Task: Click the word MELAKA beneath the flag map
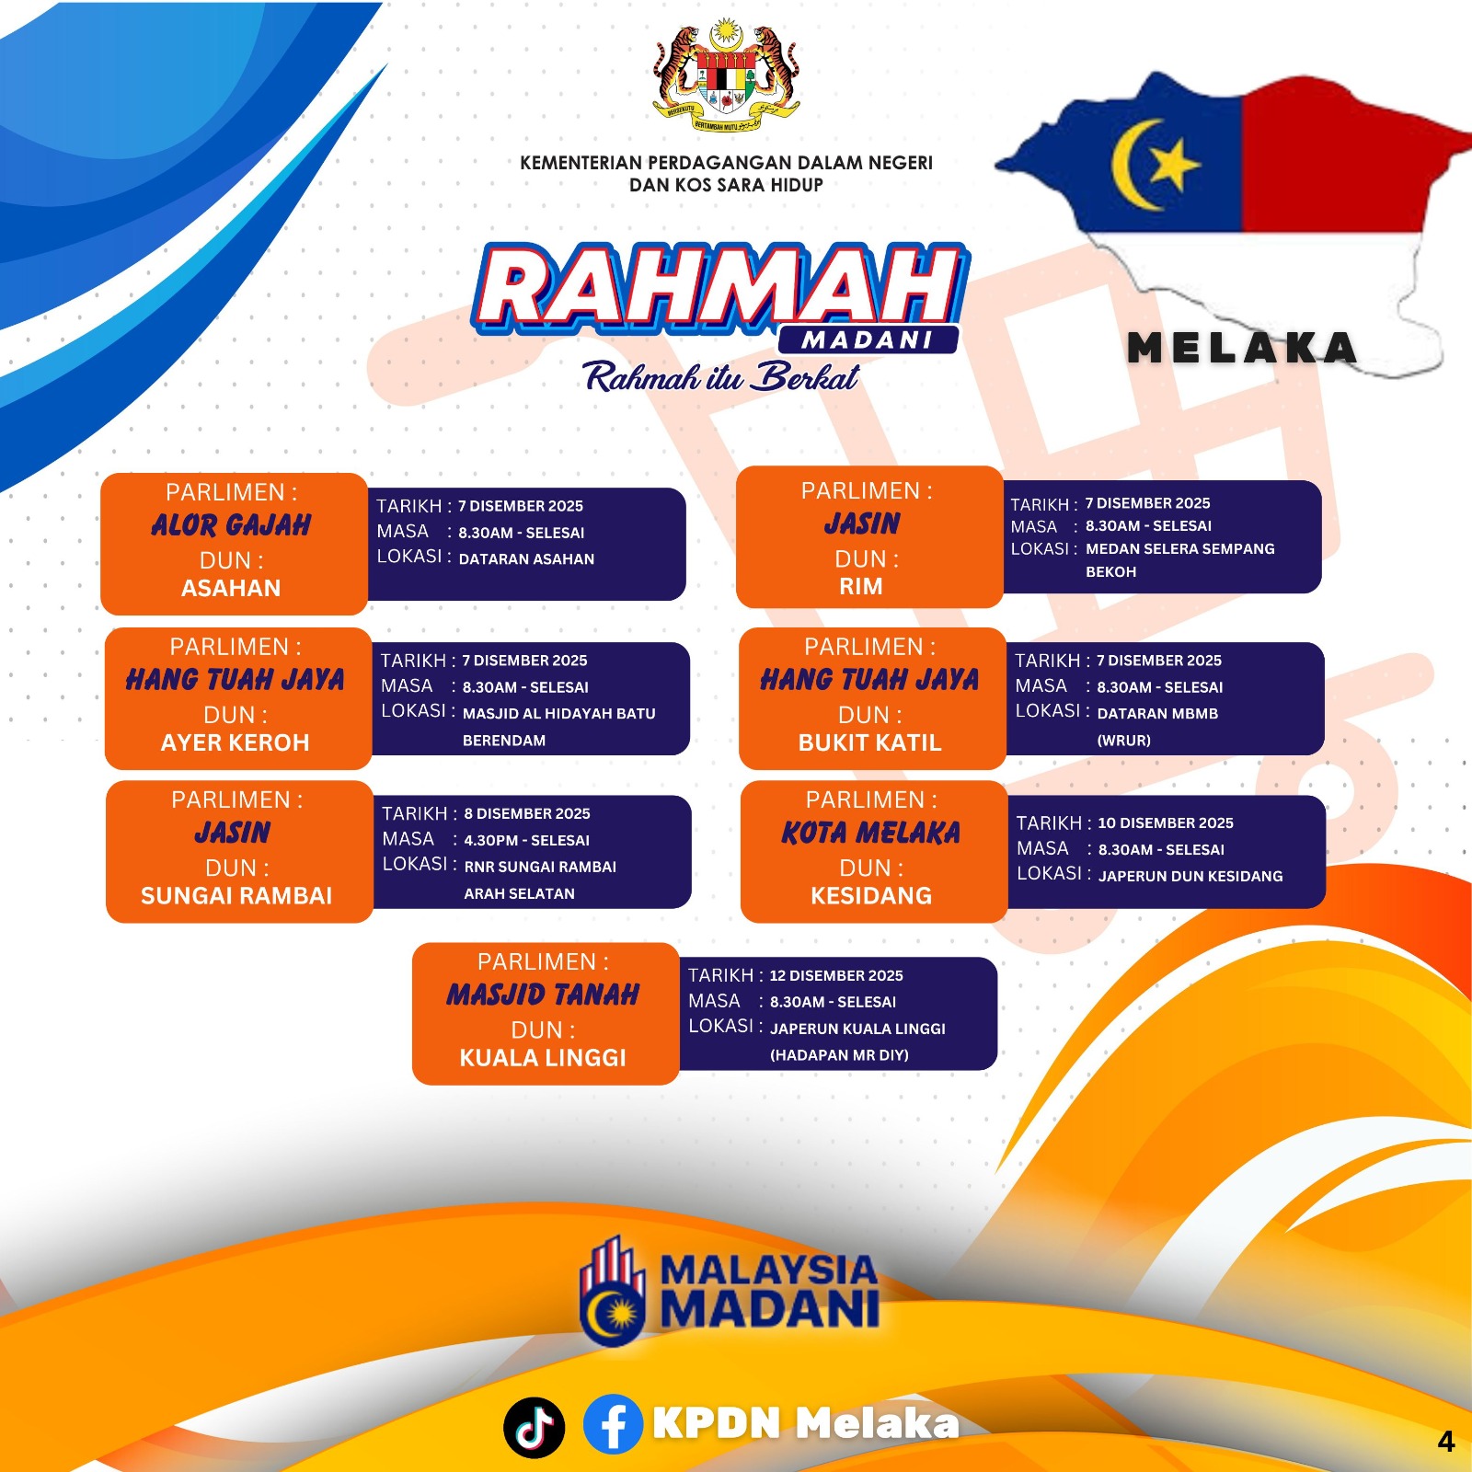click(1242, 348)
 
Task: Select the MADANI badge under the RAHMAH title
click(868, 339)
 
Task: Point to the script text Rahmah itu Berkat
click(721, 377)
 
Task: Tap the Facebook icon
click(613, 1424)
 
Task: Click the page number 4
click(1446, 1442)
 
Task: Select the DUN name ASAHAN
click(231, 588)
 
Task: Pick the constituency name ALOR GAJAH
click(231, 525)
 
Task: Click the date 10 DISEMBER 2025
click(1166, 822)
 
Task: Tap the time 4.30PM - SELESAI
click(527, 840)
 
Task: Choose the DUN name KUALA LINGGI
click(543, 1058)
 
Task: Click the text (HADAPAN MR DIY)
click(839, 1055)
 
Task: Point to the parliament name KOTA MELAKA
click(870, 833)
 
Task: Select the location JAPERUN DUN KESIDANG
click(1190, 876)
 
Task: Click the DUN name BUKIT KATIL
click(870, 742)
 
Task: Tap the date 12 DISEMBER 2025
click(836, 975)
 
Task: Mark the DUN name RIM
click(861, 586)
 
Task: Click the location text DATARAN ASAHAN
click(526, 558)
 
